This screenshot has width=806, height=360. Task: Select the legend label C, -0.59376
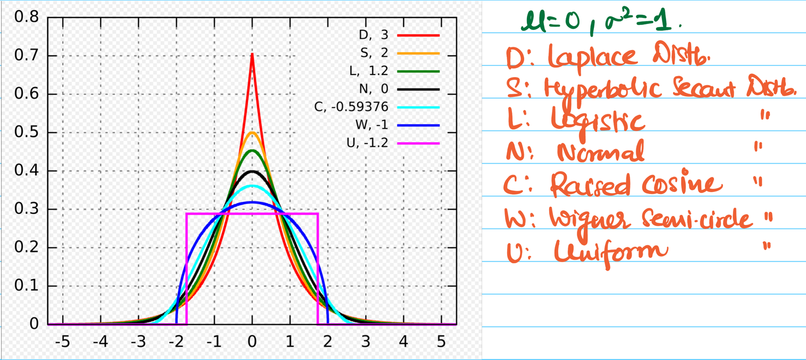pyautogui.click(x=351, y=107)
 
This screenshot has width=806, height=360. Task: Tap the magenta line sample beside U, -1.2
pyautogui.click(x=418, y=144)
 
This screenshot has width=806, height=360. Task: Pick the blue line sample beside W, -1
pyautogui.click(x=418, y=125)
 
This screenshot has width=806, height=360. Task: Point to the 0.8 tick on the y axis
pyautogui.click(x=27, y=18)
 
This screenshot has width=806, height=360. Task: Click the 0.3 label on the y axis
pyautogui.click(x=27, y=210)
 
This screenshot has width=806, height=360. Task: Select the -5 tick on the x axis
pyautogui.click(x=63, y=341)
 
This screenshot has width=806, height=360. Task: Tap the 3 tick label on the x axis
pyautogui.click(x=366, y=341)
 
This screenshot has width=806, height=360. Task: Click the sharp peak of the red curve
pyautogui.click(x=252, y=54)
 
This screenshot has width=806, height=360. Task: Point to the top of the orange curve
pyautogui.click(x=252, y=132)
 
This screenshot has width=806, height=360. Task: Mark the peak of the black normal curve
pyautogui.click(x=252, y=171)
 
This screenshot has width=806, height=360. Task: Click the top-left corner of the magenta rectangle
pyautogui.click(x=187, y=214)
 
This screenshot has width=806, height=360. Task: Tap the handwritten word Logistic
pyautogui.click(x=598, y=121)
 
